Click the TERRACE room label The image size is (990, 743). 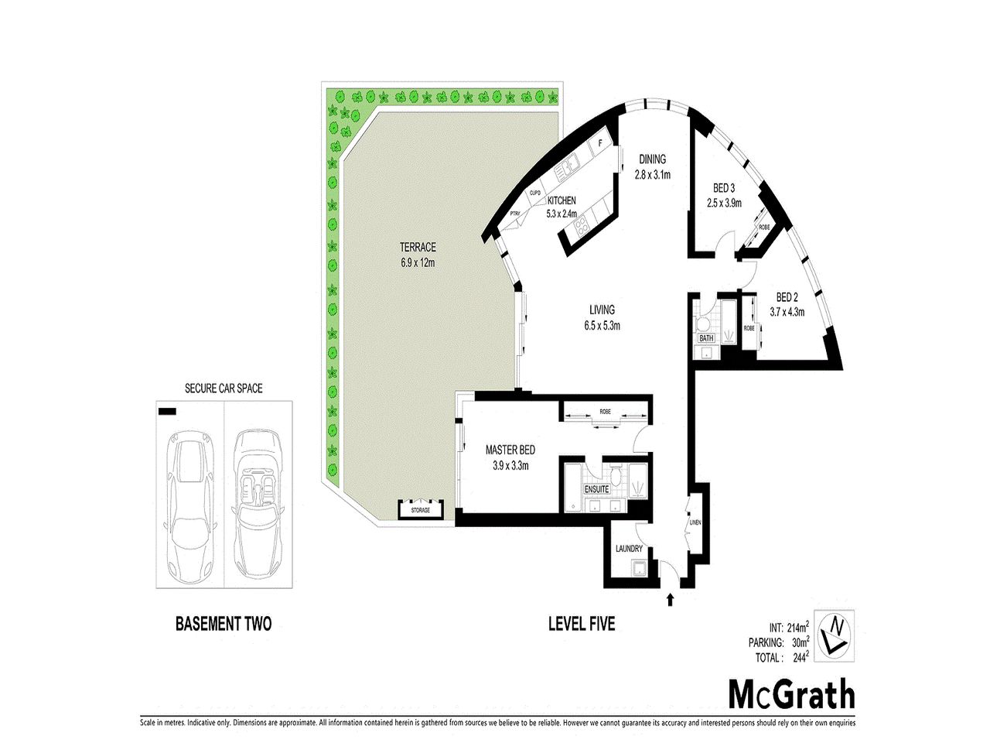(x=418, y=248)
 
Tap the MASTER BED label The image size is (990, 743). (x=510, y=450)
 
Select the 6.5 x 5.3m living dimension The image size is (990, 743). (x=602, y=326)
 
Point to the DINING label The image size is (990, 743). (x=652, y=160)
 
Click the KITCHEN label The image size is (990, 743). (x=562, y=200)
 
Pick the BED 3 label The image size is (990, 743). (x=724, y=189)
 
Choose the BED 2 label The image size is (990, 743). (x=787, y=298)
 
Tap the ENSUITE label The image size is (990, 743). (x=596, y=490)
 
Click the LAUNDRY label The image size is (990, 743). (x=629, y=549)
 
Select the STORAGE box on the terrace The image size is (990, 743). (x=420, y=510)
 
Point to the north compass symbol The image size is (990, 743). (x=834, y=635)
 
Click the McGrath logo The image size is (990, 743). (x=792, y=694)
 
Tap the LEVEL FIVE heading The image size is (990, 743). (x=582, y=623)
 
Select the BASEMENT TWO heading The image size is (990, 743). (x=224, y=624)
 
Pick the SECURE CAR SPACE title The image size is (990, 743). (x=224, y=389)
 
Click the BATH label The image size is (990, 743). (x=706, y=338)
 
